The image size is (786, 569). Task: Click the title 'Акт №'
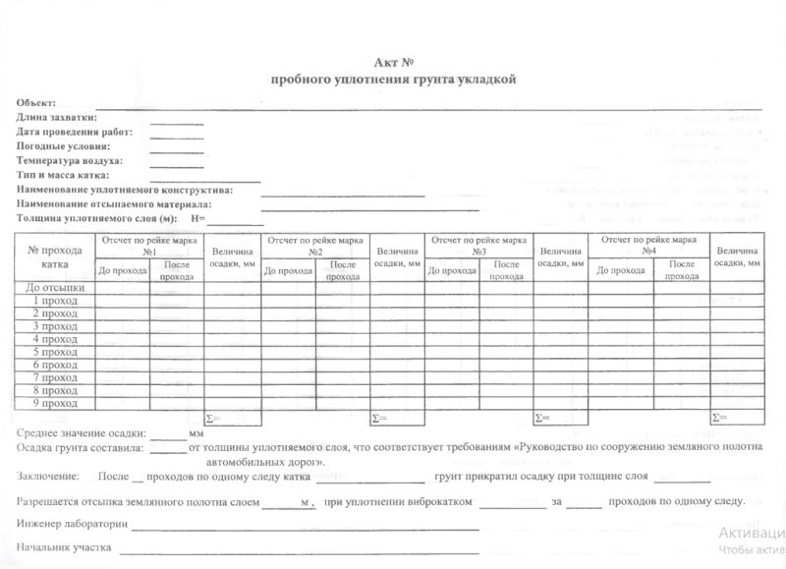coord(393,62)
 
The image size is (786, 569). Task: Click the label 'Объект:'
coord(36,103)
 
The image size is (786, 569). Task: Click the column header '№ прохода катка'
coord(55,256)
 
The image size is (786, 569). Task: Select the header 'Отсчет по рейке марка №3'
coord(479,245)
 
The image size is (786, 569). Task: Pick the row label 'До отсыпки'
coord(55,288)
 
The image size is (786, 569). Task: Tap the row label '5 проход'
coord(55,352)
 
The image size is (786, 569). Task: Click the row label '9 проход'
coord(55,403)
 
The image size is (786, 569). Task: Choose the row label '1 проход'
coord(55,301)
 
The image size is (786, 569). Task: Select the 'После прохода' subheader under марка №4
coord(682,270)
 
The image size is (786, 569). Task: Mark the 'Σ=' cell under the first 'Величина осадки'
coord(230,418)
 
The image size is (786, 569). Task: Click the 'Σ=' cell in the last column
coord(738,418)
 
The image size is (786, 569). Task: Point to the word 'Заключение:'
coord(47,477)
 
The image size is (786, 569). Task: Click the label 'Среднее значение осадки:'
coord(82,432)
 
